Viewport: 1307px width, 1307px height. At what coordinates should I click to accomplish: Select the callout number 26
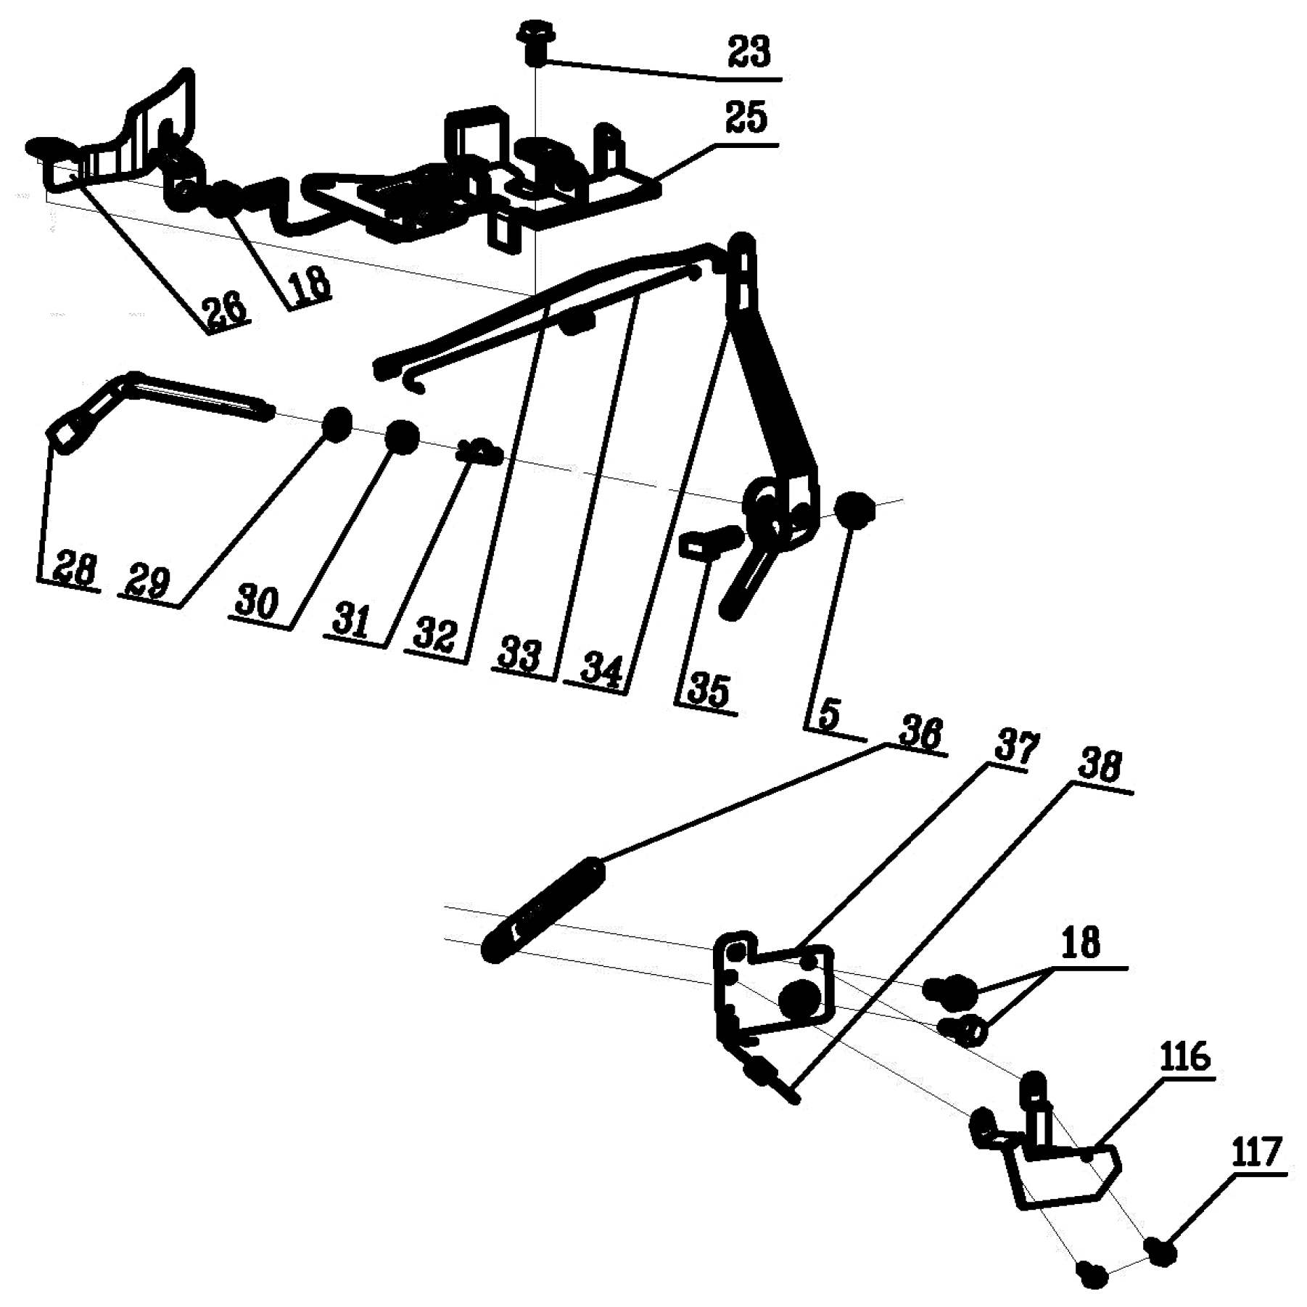[x=226, y=312]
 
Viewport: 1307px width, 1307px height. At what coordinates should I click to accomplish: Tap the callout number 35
[x=708, y=690]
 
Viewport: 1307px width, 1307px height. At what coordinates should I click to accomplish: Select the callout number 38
[x=1100, y=767]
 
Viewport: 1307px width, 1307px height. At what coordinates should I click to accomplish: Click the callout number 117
[x=1256, y=1153]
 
